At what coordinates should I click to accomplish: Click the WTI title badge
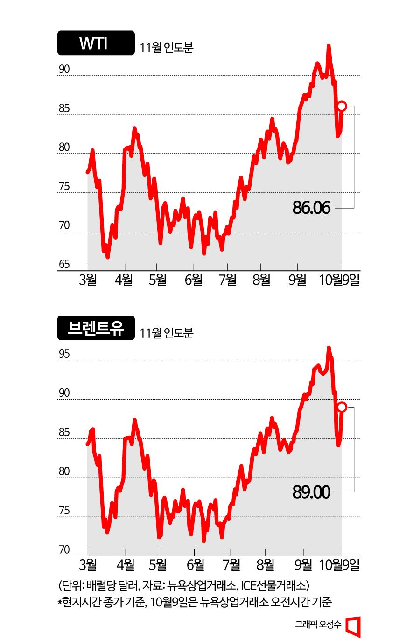coord(96,43)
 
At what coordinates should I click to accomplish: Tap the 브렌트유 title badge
coord(96,328)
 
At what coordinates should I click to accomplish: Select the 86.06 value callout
coord(311,208)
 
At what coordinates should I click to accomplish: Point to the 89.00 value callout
coord(311,492)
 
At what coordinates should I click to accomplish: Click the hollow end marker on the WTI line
coord(342,106)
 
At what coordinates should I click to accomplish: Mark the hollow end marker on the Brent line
coord(342,407)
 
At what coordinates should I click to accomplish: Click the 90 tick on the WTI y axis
coord(64,69)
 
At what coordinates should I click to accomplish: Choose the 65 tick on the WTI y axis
coord(64,264)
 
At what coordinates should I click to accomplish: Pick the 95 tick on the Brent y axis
coord(64,354)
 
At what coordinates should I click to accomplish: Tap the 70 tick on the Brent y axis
coord(64,549)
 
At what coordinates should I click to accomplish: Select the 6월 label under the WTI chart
coord(194,280)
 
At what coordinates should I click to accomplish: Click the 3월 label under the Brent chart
coord(88,565)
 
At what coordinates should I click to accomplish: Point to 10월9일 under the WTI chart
coord(339,280)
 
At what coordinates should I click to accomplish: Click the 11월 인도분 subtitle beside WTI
coord(166,48)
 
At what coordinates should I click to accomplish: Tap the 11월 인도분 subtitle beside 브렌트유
coord(166,333)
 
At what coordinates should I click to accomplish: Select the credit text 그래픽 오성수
coord(318,624)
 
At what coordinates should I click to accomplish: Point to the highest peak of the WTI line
coord(329,46)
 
